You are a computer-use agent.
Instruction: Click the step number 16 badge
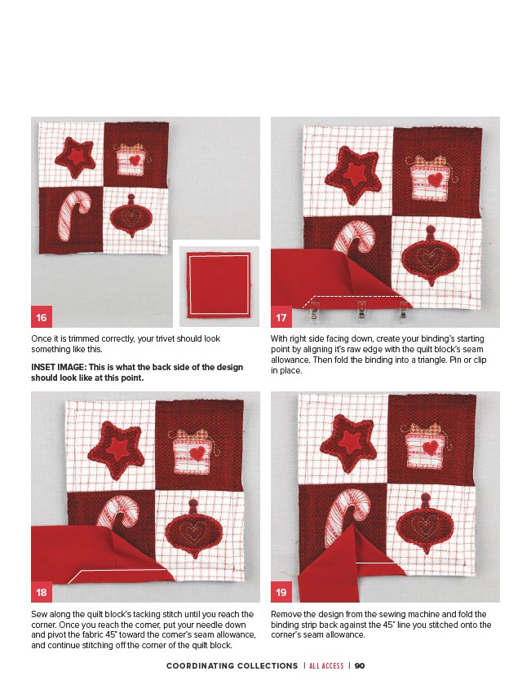pos(42,317)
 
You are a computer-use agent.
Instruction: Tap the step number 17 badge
pos(281,317)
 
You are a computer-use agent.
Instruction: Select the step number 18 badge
pos(42,592)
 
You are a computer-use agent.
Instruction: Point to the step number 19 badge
pos(281,592)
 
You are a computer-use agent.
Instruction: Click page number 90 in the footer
pos(360,665)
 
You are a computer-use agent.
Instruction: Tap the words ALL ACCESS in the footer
pos(326,665)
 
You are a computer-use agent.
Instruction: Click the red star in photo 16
pos(75,157)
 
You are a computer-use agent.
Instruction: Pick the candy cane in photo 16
pos(74,214)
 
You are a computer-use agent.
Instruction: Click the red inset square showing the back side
pos(219,285)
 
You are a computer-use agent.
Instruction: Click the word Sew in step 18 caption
pos(38,614)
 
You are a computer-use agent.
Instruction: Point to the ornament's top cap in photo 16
pos(131,198)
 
